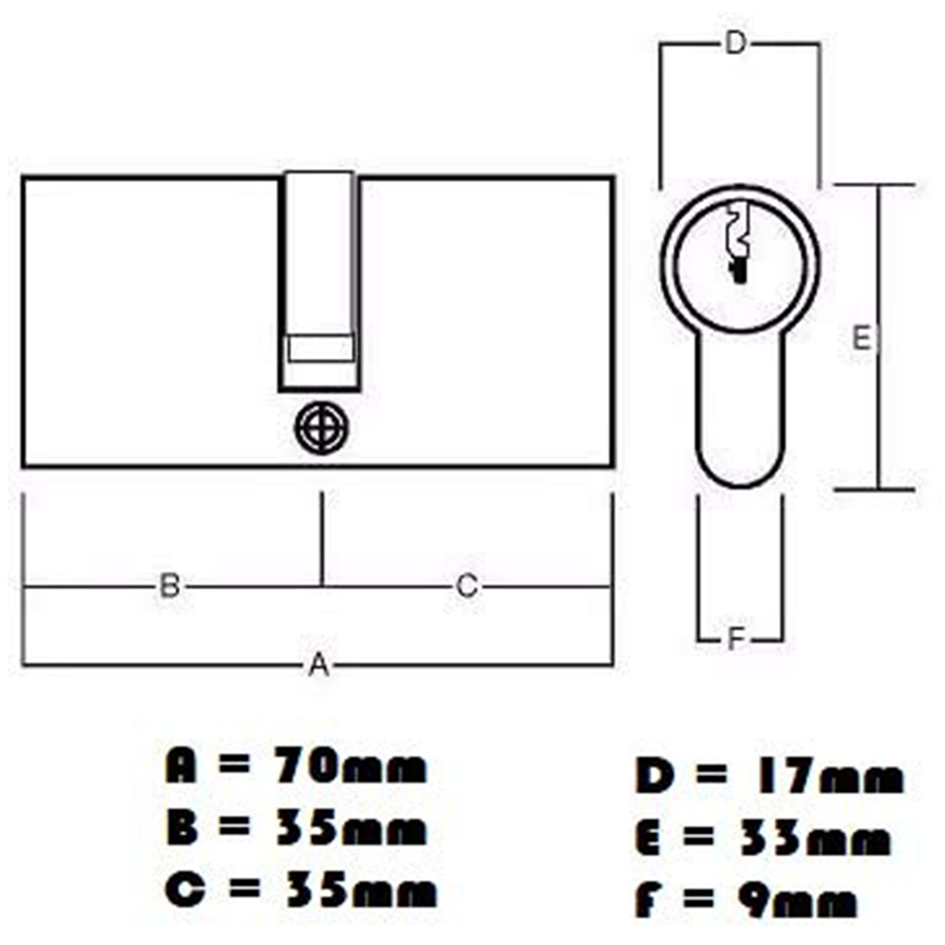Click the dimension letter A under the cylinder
click(x=319, y=665)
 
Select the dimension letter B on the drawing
click(x=169, y=586)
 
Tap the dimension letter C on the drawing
click(x=467, y=586)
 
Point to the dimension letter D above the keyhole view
click(x=735, y=43)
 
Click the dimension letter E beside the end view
click(x=862, y=337)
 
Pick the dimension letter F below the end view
click(x=737, y=639)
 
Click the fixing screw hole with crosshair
click(x=321, y=429)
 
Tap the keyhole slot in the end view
click(x=736, y=242)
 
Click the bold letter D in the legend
click(x=654, y=779)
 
